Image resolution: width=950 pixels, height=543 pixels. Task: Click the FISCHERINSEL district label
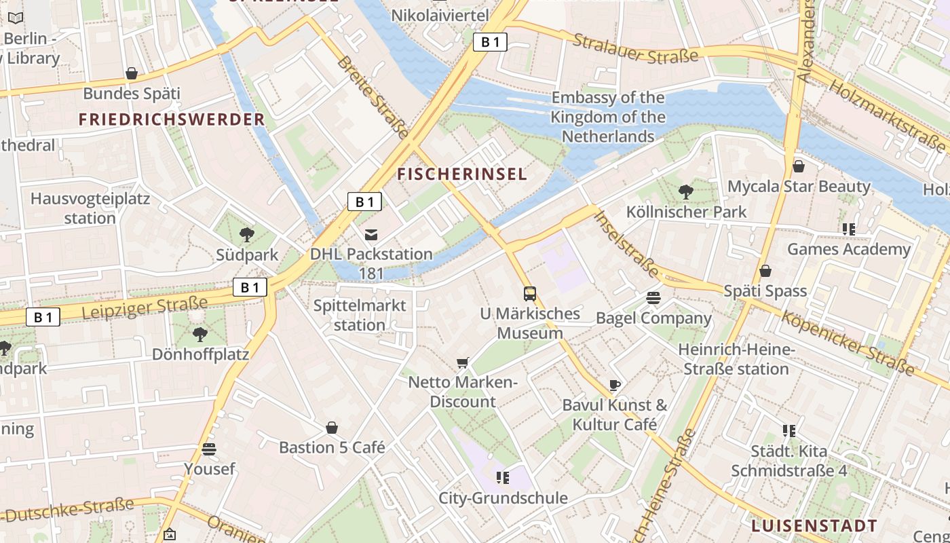click(x=462, y=174)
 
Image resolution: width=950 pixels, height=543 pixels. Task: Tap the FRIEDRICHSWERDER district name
click(x=171, y=120)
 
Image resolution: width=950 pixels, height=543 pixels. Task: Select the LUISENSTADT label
click(x=814, y=526)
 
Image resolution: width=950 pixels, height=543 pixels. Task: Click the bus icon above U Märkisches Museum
click(x=530, y=294)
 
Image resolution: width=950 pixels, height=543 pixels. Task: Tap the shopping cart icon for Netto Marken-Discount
click(x=463, y=363)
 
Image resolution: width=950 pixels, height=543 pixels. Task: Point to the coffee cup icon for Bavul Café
click(x=614, y=386)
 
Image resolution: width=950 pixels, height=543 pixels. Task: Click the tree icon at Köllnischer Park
click(x=686, y=192)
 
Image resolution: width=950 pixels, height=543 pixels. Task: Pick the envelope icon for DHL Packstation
click(x=371, y=235)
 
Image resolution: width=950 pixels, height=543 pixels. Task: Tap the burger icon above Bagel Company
click(x=653, y=298)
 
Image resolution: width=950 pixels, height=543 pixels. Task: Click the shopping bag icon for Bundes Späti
click(x=132, y=73)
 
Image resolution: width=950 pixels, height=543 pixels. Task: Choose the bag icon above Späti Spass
click(x=765, y=271)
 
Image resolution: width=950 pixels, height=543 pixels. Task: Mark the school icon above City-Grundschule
click(x=503, y=478)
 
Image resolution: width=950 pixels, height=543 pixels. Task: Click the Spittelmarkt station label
click(x=360, y=315)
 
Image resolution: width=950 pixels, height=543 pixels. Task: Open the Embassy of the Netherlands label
click(x=607, y=117)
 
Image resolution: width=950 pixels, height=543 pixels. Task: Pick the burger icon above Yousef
click(x=209, y=449)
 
